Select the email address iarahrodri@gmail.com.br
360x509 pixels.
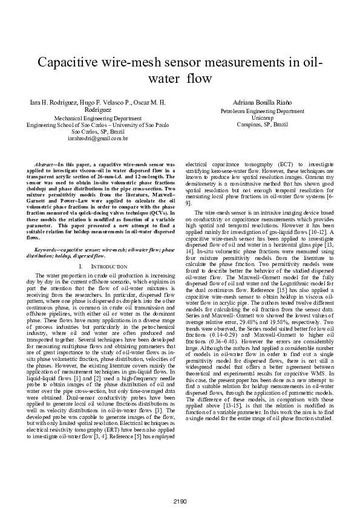click(x=98, y=138)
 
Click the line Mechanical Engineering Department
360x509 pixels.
click(x=98, y=119)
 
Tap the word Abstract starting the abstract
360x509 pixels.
click(x=44, y=164)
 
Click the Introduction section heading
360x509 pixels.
click(x=102, y=266)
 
